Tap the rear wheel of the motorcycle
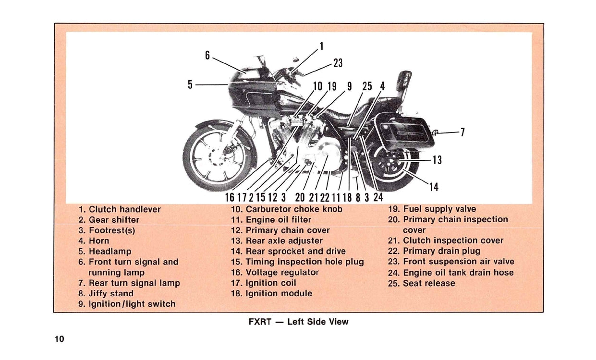tap(391, 166)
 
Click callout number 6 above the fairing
tap(207, 55)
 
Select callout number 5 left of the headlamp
tap(190, 84)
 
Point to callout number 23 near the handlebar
tap(338, 63)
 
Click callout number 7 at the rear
tap(462, 132)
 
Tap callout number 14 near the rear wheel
tap(434, 187)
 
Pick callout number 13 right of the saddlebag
tap(437, 160)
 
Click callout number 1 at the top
tap(321, 46)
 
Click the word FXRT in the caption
tap(260, 322)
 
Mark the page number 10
tap(59, 339)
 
